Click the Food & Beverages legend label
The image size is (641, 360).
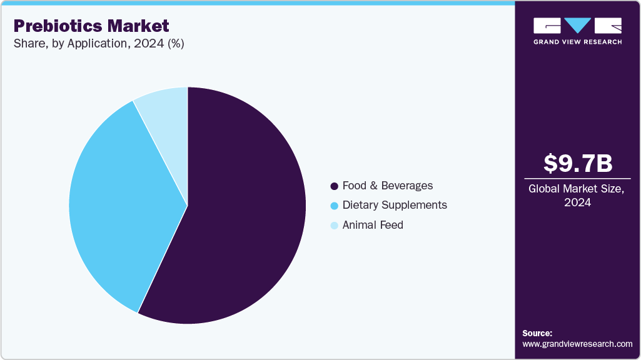(387, 186)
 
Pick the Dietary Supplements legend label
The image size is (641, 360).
(395, 205)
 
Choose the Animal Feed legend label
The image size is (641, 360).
(373, 225)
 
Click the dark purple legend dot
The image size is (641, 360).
(334, 186)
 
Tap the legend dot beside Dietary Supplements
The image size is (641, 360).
(334, 206)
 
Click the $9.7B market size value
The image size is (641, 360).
(577, 163)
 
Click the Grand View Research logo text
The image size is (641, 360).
(577, 42)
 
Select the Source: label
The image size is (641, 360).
(537, 333)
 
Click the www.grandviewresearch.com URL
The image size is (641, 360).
(577, 344)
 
